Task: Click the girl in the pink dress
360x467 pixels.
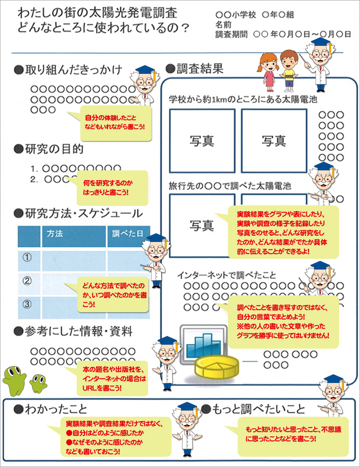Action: [269, 71]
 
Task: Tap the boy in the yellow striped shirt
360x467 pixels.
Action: [289, 69]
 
